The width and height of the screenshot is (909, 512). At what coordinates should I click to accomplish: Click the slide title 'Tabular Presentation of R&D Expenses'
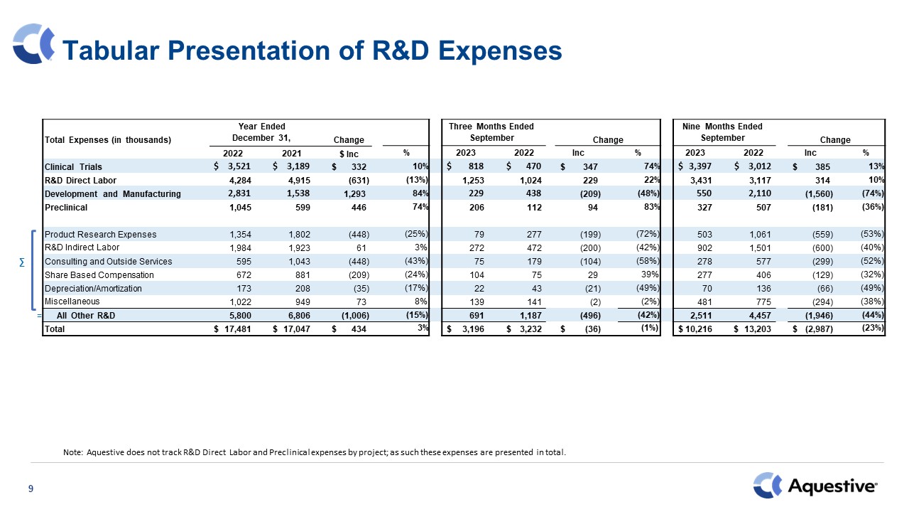[x=312, y=50]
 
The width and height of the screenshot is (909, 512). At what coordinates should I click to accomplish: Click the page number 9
[x=31, y=489]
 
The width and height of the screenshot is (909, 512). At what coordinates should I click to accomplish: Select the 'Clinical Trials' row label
[x=73, y=167]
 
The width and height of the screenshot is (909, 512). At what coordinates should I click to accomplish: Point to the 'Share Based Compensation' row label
[x=99, y=274]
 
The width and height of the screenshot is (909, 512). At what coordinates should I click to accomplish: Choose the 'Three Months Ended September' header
[x=491, y=132]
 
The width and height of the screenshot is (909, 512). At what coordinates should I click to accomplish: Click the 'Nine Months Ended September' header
[x=722, y=132]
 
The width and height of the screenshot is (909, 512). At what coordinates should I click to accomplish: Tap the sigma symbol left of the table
[x=21, y=262]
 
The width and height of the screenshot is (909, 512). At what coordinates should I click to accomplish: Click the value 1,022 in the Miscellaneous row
[x=236, y=302]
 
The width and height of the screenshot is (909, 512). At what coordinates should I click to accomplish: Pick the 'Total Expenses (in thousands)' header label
[x=108, y=140]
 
